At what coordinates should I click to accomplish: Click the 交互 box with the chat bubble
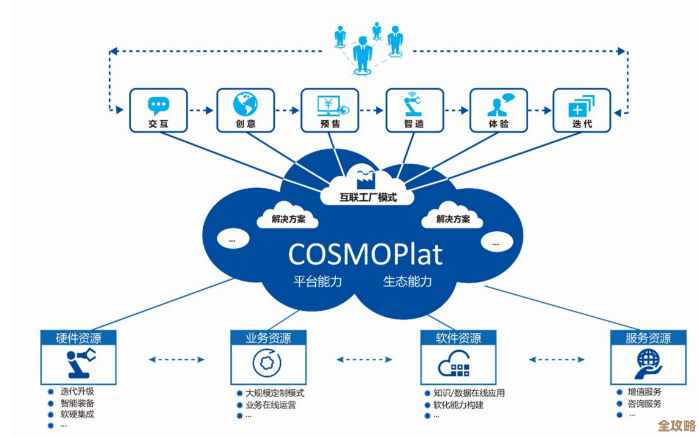(x=158, y=110)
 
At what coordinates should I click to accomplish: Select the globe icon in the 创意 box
(x=245, y=104)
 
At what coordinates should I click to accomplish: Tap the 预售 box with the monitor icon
(x=329, y=110)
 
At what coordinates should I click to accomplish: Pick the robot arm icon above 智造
(x=414, y=105)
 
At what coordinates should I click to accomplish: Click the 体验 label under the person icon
(x=498, y=124)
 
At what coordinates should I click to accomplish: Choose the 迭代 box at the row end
(x=581, y=110)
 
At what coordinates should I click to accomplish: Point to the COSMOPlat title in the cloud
(x=365, y=253)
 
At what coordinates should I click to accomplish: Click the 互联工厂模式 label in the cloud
(x=368, y=197)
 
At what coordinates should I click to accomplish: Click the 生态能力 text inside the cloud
(x=408, y=281)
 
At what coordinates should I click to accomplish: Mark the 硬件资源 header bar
(x=79, y=338)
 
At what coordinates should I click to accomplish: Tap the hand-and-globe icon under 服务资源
(x=648, y=364)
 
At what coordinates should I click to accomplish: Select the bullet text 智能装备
(x=77, y=403)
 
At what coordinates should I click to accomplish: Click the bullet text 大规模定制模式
(x=274, y=393)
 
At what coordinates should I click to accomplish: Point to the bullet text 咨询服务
(x=645, y=404)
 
